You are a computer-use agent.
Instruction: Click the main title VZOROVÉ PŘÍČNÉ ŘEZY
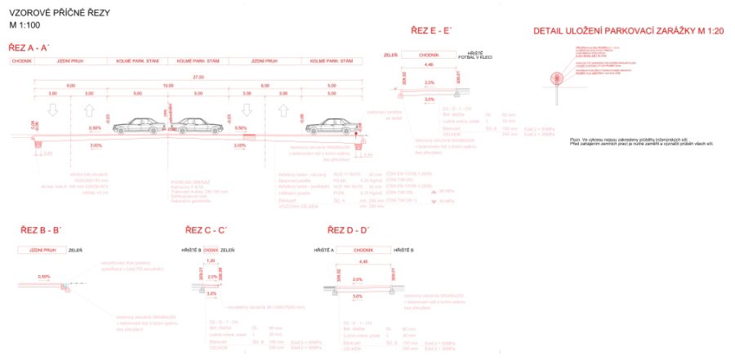tap(60, 15)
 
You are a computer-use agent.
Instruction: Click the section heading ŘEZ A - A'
tap(29, 48)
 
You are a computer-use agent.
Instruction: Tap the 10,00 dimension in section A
tap(168, 85)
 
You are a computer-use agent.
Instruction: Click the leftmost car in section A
tap(136, 125)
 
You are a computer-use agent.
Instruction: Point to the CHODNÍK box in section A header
tap(22, 61)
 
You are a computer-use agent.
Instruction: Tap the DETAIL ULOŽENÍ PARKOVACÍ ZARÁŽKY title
tap(617, 31)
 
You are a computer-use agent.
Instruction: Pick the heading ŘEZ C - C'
tap(206, 231)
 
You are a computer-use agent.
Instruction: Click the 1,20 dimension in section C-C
tap(211, 260)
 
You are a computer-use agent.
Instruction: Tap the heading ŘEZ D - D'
tap(348, 231)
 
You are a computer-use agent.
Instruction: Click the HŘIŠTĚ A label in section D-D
tap(326, 248)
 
